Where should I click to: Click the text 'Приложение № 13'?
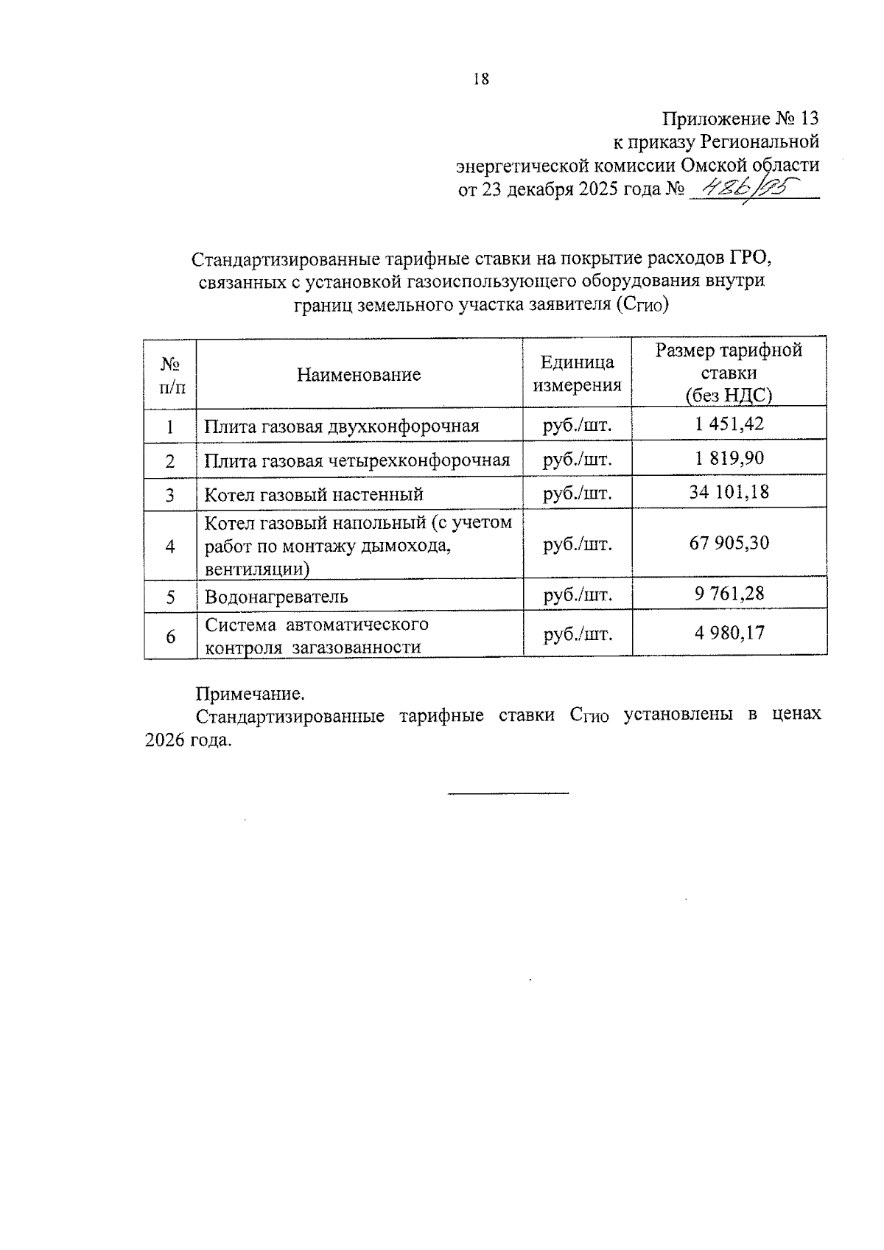(740, 119)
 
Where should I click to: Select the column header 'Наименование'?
(359, 374)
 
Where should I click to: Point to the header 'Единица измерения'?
(577, 373)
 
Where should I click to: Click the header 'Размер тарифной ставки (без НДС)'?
(729, 373)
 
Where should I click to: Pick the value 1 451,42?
(729, 424)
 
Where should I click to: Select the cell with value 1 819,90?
(729, 458)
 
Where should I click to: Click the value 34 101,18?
(729, 491)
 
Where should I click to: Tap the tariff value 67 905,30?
(729, 544)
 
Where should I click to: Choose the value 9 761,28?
(729, 593)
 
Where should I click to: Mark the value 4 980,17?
(729, 633)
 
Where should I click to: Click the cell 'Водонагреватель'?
(276, 597)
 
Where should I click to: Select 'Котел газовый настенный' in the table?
(314, 494)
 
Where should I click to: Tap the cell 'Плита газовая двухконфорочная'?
(342, 426)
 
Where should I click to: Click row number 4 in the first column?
(170, 547)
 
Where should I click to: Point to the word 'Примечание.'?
(249, 694)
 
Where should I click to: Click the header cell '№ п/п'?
(170, 374)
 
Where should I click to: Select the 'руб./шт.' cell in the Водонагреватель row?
(577, 594)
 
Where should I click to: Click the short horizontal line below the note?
(508, 793)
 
